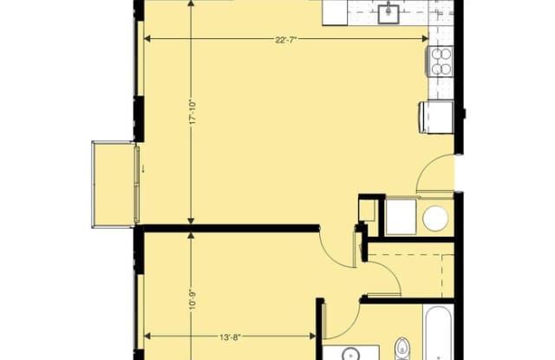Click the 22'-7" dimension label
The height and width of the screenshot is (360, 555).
coord(285,40)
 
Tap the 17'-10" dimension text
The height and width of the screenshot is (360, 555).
coord(193,112)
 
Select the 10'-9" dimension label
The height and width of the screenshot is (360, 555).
coord(193,300)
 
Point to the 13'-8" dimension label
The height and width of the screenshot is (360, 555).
coord(230,337)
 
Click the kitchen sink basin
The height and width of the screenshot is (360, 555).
coord(388,13)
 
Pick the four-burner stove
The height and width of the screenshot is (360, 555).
coord(441,62)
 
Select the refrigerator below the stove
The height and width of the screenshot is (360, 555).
coord(436,117)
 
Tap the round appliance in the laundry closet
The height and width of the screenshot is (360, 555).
coord(435,217)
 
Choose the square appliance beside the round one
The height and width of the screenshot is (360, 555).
coord(401,217)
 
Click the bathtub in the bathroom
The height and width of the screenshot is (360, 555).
coord(438,333)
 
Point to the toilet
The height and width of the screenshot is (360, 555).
coord(402,349)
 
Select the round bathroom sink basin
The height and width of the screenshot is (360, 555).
coord(350,354)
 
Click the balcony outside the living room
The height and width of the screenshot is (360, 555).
coord(114,184)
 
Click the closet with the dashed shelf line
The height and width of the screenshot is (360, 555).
coord(410,271)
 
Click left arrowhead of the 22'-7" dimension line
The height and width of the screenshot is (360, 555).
coord(147,38)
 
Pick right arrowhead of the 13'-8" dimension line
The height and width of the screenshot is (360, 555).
coord(313,336)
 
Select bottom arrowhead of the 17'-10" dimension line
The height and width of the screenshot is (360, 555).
coord(191,221)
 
